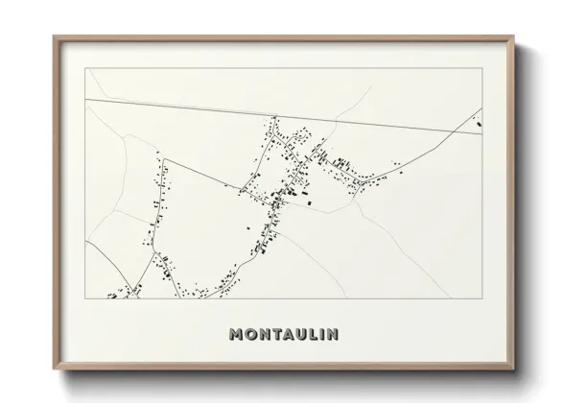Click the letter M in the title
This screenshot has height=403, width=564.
coord(237,335)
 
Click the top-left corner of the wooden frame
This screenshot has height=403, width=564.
coord(53,36)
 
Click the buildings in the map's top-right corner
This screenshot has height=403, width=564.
coord(478,119)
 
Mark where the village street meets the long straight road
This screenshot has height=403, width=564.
coord(275,117)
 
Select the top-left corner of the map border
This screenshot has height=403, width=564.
coord(86,69)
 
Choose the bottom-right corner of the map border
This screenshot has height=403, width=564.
coord(482,298)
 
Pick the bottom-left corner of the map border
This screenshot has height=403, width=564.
coord(86,298)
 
